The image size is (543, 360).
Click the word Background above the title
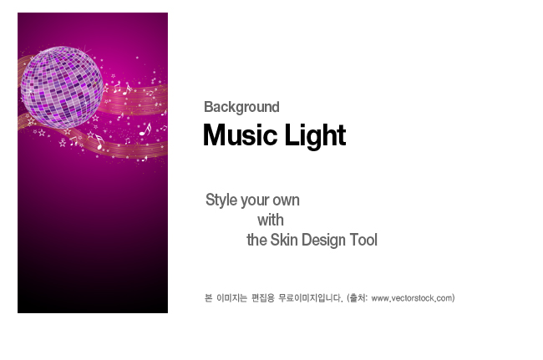click(x=241, y=107)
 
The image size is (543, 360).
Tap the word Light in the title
click(x=315, y=136)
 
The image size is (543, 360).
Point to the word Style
click(x=221, y=200)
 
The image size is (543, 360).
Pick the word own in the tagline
click(x=286, y=200)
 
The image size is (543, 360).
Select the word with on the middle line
click(x=271, y=221)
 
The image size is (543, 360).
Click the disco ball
click(x=62, y=87)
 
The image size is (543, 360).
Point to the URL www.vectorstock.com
click(x=412, y=298)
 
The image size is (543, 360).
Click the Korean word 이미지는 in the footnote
click(x=231, y=297)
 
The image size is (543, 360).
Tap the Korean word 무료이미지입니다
click(x=311, y=298)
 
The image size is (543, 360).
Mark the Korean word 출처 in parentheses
click(x=358, y=297)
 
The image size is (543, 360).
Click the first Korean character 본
click(x=208, y=297)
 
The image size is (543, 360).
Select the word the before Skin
click(x=256, y=240)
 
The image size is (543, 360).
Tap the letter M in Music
click(x=215, y=135)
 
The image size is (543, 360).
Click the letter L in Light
click(x=291, y=135)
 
